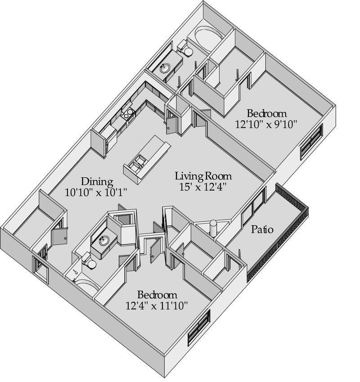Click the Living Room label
203,175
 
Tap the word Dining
97,182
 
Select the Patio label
262,229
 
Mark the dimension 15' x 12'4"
200,186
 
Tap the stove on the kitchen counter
128,114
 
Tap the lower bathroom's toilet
89,261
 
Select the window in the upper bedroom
311,141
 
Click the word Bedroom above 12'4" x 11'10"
157,295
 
